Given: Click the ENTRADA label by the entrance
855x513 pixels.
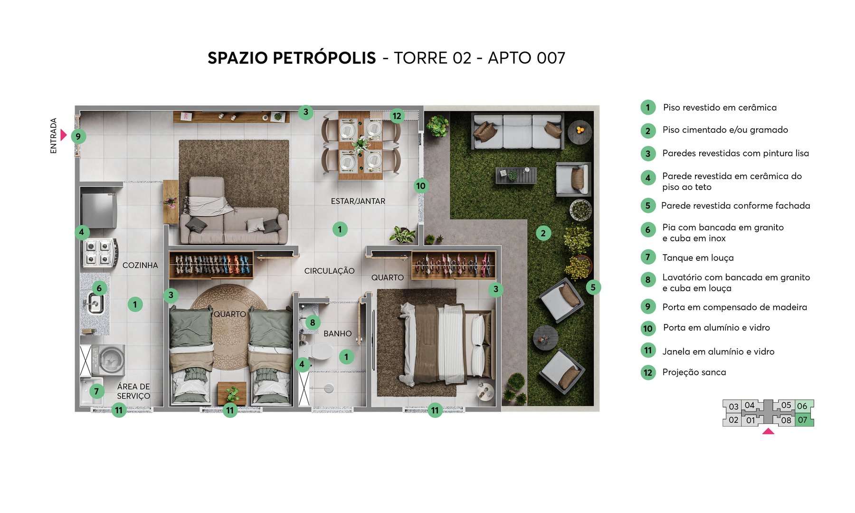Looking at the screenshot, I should (x=53, y=136).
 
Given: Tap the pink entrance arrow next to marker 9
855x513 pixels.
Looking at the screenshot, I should (x=64, y=135).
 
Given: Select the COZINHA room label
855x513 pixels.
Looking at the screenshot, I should (x=140, y=265).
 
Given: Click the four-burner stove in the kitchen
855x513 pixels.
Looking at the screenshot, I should (x=99, y=253).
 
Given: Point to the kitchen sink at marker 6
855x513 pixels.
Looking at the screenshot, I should (x=94, y=304).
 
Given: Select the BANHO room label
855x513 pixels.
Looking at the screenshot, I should (x=337, y=333).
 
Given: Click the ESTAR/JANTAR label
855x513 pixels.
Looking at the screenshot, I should (x=358, y=201).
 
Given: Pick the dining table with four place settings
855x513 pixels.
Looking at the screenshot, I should (x=361, y=145).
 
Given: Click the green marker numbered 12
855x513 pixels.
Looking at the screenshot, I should (x=397, y=115).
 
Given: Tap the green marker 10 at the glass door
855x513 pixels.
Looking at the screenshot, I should (x=421, y=186).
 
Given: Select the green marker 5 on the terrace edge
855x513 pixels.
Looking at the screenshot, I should (x=593, y=287).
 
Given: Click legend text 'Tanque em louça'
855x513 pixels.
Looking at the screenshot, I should (x=698, y=257).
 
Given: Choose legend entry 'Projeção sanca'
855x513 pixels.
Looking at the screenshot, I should (x=694, y=372).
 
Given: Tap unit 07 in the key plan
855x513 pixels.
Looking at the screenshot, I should (x=803, y=420).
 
